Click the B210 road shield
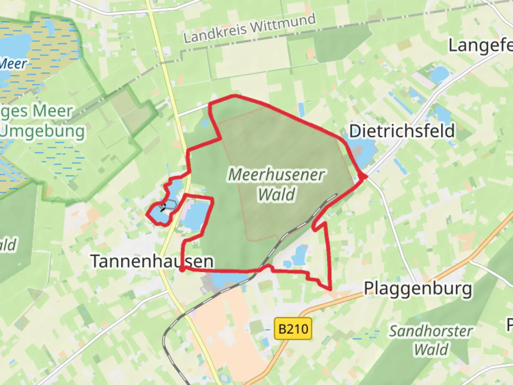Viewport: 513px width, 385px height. tap(293, 328)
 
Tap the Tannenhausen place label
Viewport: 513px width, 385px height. tap(152, 261)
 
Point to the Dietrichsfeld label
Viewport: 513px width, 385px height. tap(402, 131)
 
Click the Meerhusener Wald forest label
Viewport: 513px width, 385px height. tap(276, 184)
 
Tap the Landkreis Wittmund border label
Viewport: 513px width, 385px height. tap(249, 28)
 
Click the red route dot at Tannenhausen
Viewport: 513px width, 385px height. tap(182, 269)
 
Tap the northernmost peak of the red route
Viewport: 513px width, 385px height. tap(234, 96)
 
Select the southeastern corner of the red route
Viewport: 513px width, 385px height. tap(330, 289)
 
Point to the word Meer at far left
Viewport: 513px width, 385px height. tap(13, 64)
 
